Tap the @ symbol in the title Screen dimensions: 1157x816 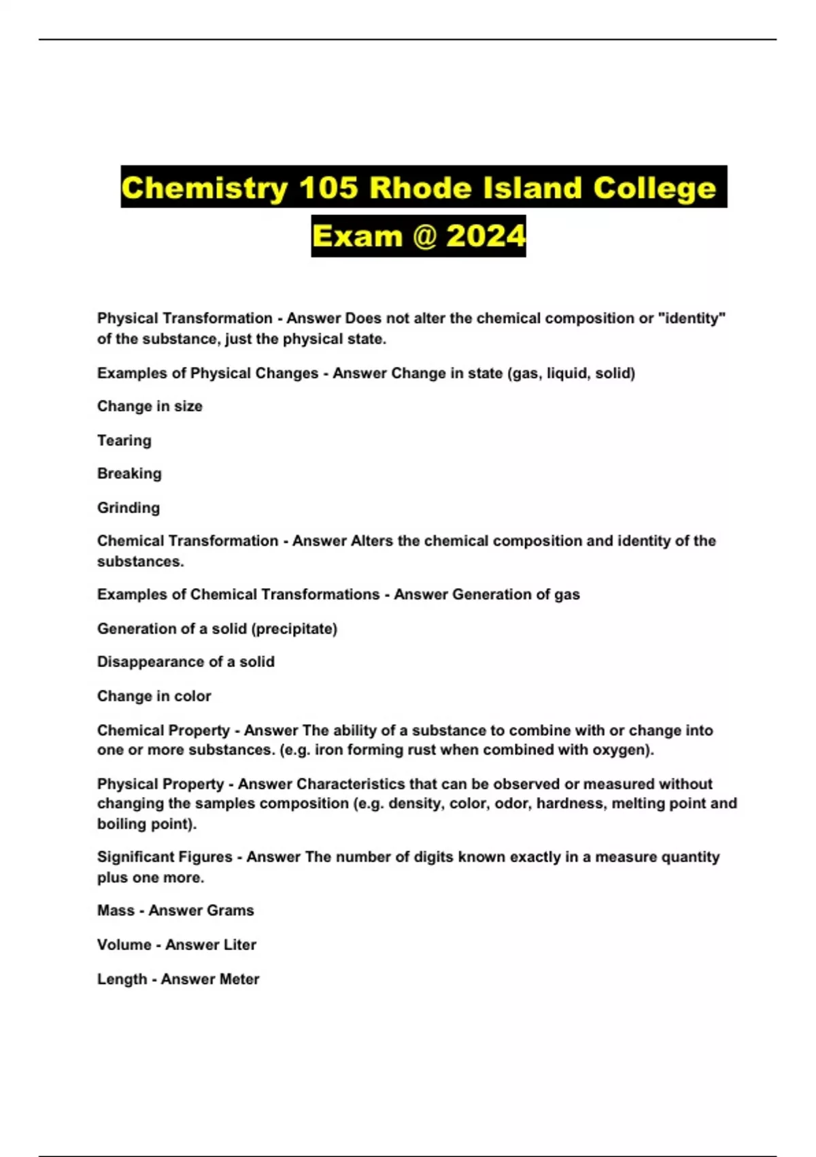click(x=424, y=236)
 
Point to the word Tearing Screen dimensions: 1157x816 click(x=124, y=440)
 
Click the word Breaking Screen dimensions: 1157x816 click(x=129, y=474)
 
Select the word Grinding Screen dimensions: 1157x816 click(x=129, y=508)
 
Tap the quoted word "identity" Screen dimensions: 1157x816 click(x=693, y=318)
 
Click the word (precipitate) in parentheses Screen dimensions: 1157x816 click(x=294, y=628)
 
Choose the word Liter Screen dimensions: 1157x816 click(x=238, y=945)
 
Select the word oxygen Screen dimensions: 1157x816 click(x=626, y=750)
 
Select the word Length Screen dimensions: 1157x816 click(x=122, y=979)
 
